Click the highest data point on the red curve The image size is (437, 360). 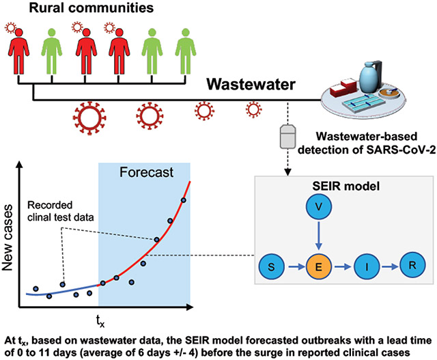[183, 200]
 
